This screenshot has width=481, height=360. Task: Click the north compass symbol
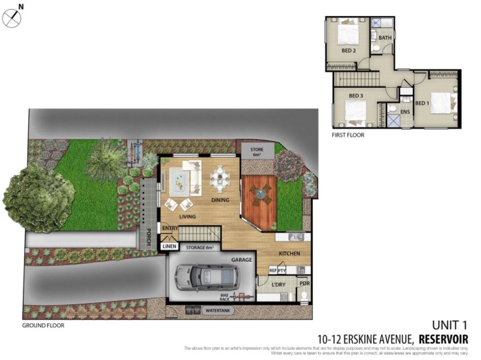(x=12, y=17)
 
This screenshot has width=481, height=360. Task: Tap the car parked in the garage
(x=207, y=278)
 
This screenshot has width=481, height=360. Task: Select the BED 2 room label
(x=348, y=51)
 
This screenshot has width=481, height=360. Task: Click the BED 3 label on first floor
(x=356, y=96)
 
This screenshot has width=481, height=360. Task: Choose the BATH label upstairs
(x=385, y=38)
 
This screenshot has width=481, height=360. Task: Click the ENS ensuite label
(x=405, y=112)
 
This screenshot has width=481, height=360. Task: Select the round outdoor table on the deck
(x=260, y=193)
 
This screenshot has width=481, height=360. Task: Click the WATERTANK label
(x=217, y=310)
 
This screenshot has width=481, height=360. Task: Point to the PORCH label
(x=148, y=236)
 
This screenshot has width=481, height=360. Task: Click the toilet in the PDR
(x=304, y=296)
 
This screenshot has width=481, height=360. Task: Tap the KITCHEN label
(x=290, y=254)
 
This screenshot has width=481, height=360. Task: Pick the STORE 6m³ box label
(x=257, y=151)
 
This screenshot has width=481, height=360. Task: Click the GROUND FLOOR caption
(x=43, y=326)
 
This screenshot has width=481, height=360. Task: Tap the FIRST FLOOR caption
(x=348, y=135)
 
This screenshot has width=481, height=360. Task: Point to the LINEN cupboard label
(x=169, y=247)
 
